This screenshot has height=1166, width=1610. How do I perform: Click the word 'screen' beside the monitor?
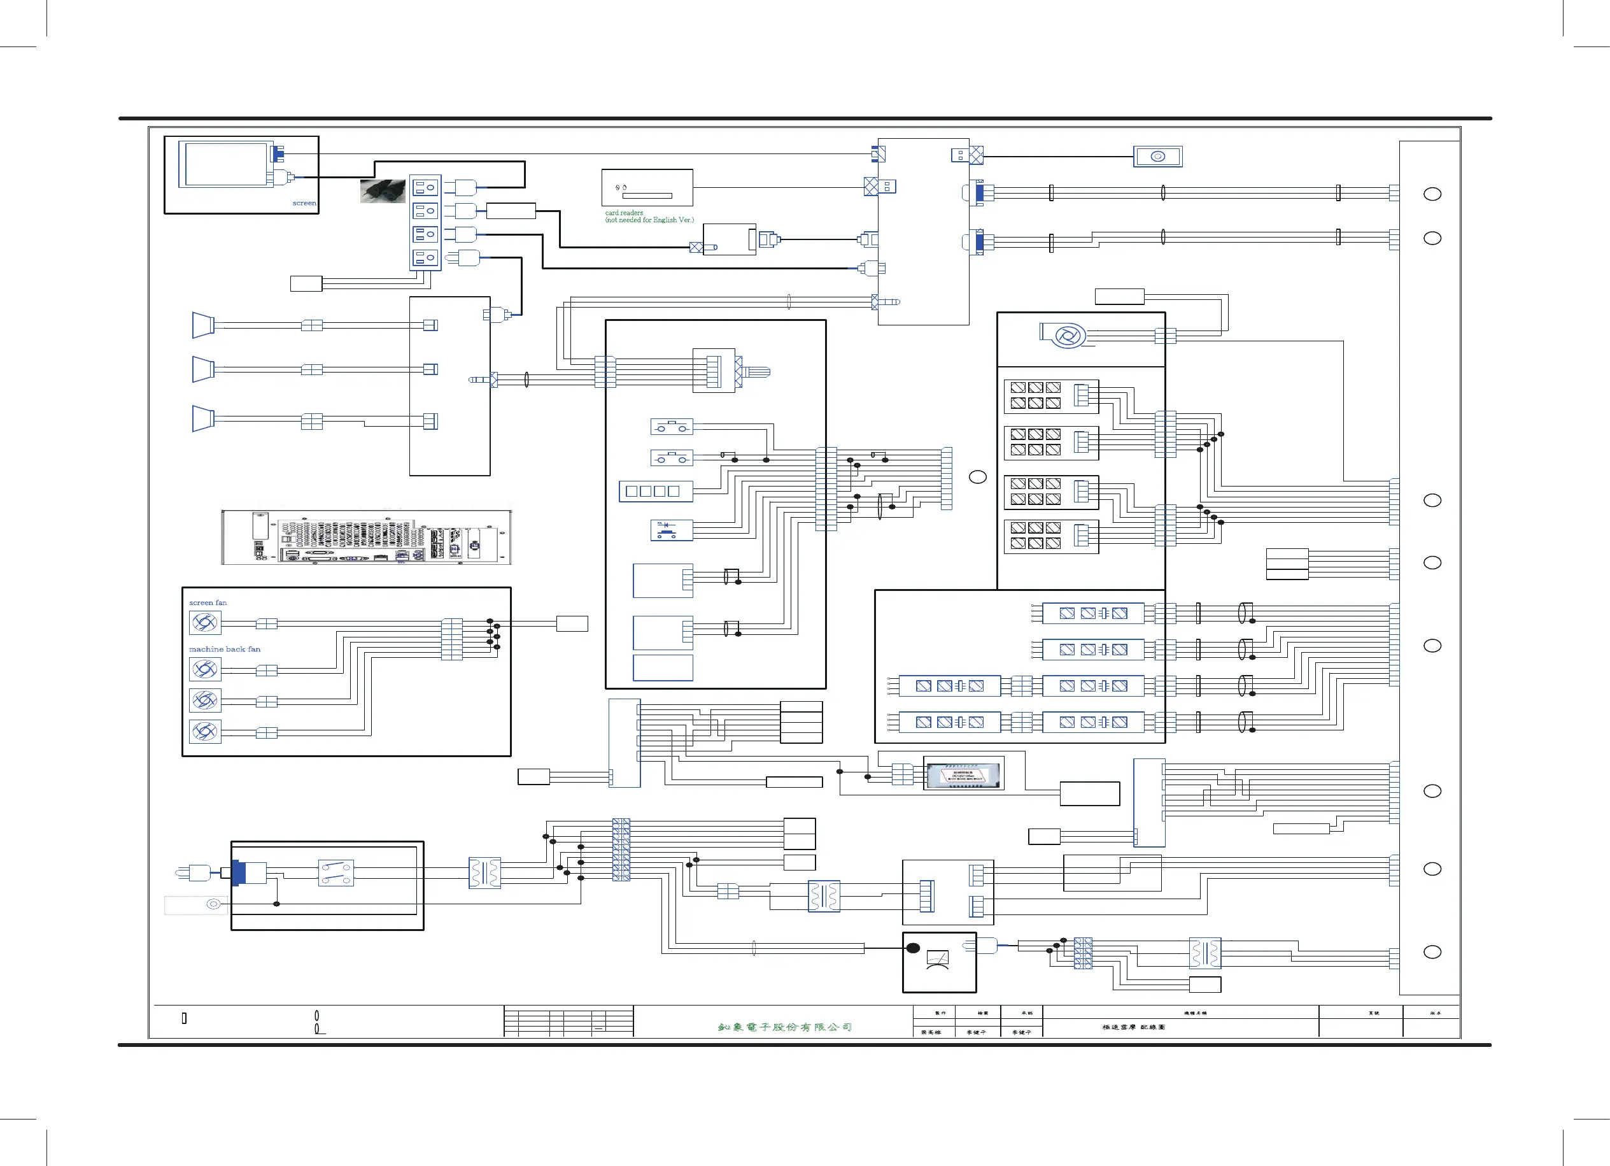[x=304, y=203]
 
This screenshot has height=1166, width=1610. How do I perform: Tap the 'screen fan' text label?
[x=208, y=603]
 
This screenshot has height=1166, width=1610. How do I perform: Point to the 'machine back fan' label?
[x=224, y=649]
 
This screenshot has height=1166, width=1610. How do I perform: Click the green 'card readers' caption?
[x=624, y=213]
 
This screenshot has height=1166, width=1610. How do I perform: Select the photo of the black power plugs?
[x=383, y=191]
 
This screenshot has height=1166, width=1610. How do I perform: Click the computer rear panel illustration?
[x=366, y=537]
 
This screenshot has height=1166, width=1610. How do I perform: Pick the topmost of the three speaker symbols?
[x=203, y=325]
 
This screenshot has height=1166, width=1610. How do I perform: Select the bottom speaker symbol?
[x=203, y=419]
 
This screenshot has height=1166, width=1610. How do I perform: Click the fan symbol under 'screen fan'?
[x=205, y=623]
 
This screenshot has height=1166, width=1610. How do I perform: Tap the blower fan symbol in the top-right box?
[x=1065, y=335]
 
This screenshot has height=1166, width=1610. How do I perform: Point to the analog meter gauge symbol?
[x=938, y=961]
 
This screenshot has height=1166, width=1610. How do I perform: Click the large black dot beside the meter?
[x=914, y=948]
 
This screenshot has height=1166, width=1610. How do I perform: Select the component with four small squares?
[x=655, y=492]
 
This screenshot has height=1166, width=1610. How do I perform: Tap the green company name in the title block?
[x=784, y=1027]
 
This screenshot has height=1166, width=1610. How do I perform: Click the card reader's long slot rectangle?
[x=647, y=196]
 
